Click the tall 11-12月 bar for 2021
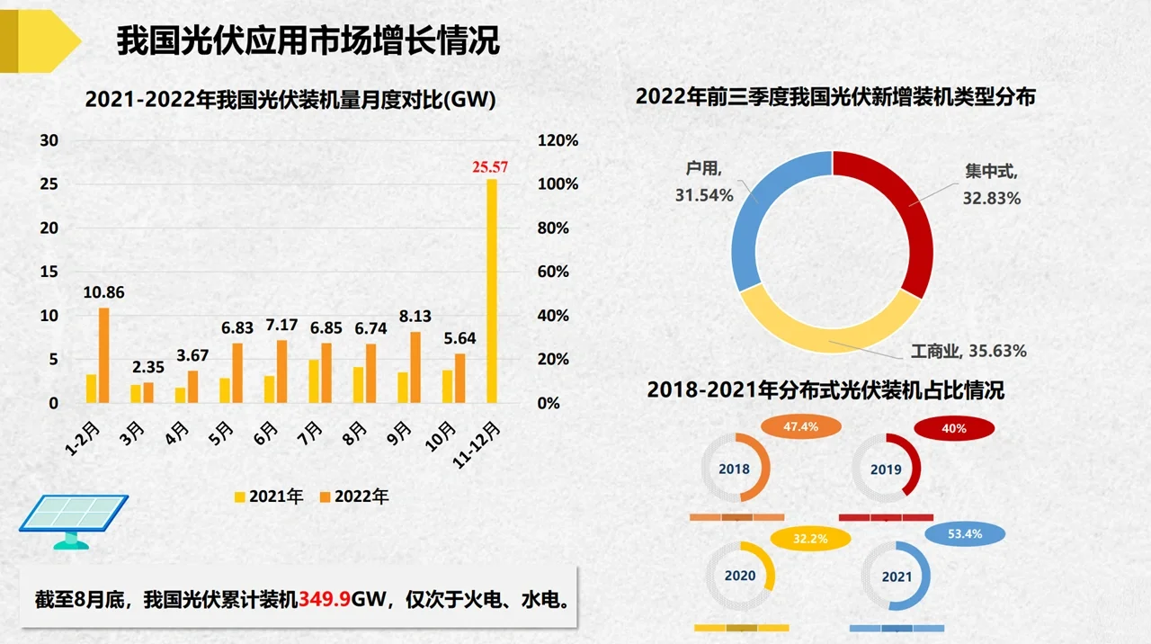click(492, 290)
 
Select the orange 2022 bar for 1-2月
click(104, 355)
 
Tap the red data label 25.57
click(490, 167)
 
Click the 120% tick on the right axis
click(558, 141)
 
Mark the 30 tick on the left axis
click(49, 141)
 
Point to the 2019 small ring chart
click(886, 469)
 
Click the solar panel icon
click(74, 520)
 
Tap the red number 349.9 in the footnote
click(325, 599)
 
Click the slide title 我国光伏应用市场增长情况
click(308, 41)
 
